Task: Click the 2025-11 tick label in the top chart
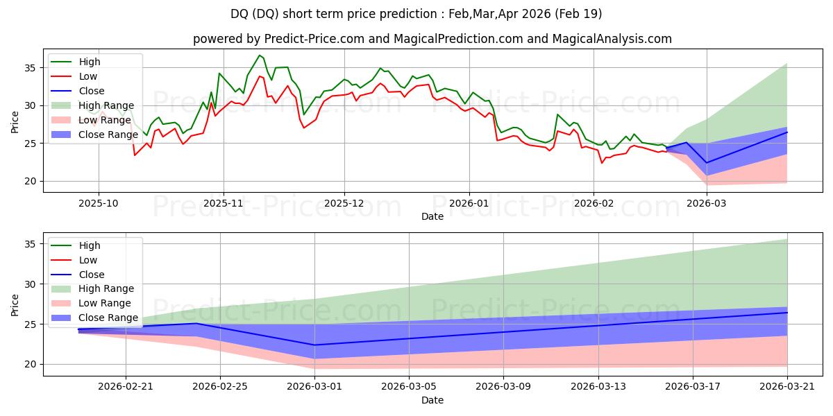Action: (223, 204)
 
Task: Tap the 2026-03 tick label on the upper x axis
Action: (706, 204)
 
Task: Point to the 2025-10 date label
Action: (99, 204)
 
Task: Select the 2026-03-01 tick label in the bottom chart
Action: (314, 387)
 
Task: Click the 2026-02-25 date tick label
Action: (220, 387)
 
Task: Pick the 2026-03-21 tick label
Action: (787, 387)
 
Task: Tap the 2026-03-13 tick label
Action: (598, 387)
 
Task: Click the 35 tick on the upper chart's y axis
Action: (30, 68)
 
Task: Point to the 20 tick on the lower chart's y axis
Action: (30, 365)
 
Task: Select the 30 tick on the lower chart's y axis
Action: (30, 284)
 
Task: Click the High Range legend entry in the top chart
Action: (92, 105)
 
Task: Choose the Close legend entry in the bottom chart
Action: (77, 275)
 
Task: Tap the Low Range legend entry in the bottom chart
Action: (91, 303)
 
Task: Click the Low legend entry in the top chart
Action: (74, 76)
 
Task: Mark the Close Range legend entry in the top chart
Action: (94, 135)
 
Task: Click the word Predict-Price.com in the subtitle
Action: (314, 39)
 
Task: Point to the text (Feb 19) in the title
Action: (578, 14)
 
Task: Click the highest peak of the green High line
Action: (260, 55)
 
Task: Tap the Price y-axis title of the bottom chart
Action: (15, 305)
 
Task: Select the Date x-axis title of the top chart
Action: (432, 216)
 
